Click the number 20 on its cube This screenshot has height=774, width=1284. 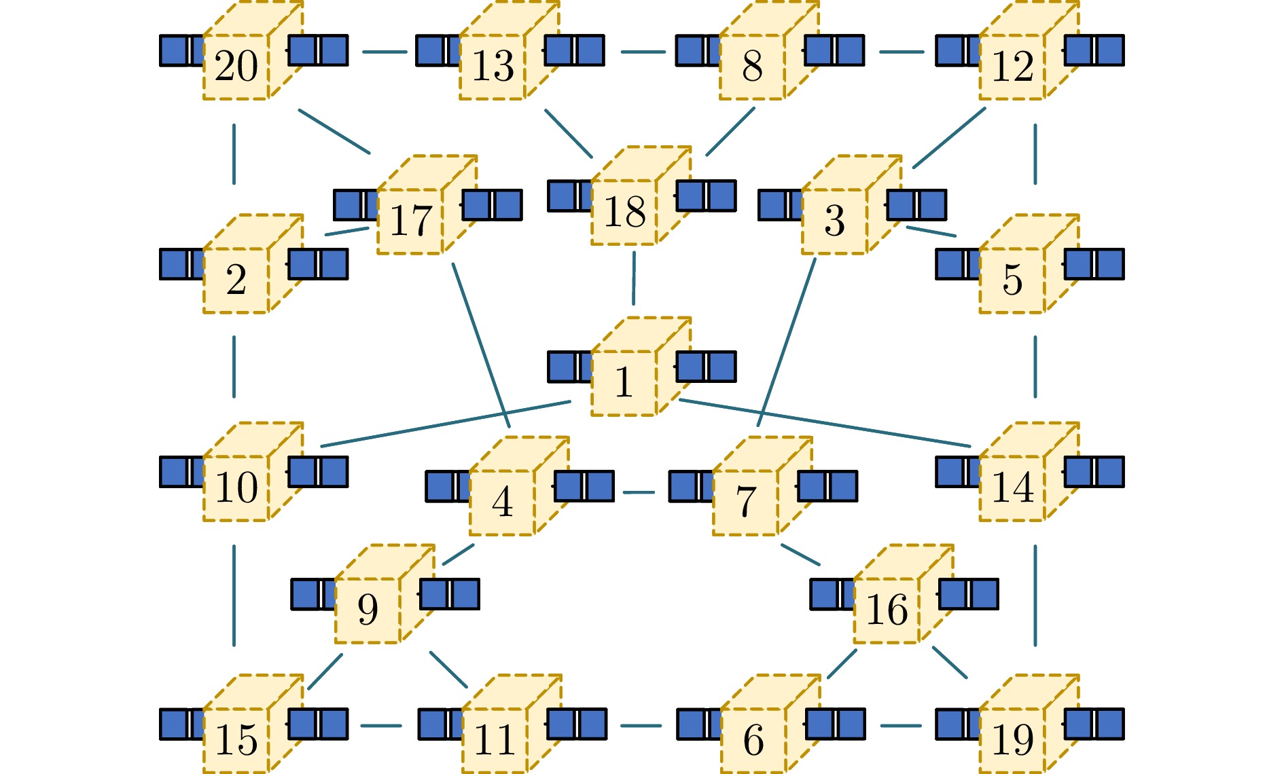(x=236, y=67)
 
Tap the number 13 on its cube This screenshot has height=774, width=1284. (x=493, y=67)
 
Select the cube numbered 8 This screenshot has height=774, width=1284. (x=753, y=67)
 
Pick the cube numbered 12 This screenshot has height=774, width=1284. (x=1012, y=67)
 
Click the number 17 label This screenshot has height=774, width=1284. (x=410, y=221)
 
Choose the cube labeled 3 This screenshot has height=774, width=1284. (x=835, y=221)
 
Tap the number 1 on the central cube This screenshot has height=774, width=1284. (x=624, y=382)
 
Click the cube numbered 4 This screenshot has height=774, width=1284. (x=502, y=502)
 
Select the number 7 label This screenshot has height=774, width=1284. (x=745, y=502)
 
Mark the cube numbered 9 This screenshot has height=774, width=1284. (x=368, y=610)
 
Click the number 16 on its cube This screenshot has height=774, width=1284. (x=887, y=610)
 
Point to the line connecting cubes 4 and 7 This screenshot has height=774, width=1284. (x=639, y=492)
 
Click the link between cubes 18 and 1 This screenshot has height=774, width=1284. (x=634, y=278)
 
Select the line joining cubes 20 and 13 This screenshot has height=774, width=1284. (x=385, y=52)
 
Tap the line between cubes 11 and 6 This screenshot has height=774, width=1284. (x=641, y=726)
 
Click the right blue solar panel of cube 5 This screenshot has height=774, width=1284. (x=1094, y=264)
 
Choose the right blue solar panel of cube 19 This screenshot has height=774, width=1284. (x=1094, y=724)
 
